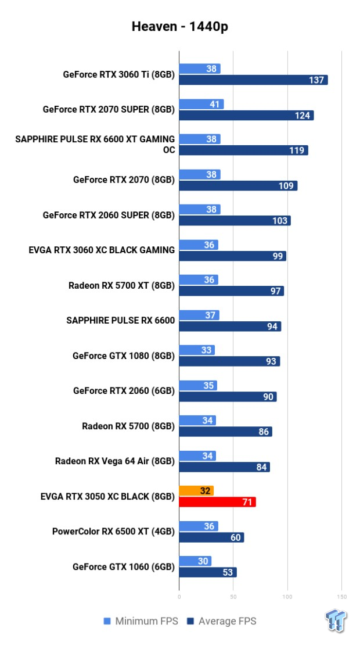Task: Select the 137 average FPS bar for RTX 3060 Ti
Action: point(253,80)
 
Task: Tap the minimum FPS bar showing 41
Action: point(201,104)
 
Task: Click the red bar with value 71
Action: point(217,502)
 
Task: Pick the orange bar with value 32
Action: point(196,490)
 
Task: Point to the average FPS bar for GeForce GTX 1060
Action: point(208,572)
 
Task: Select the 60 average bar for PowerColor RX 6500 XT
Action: point(211,537)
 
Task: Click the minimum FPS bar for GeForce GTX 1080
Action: point(197,350)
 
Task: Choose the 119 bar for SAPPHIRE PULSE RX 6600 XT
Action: point(243,150)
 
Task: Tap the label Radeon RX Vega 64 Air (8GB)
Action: point(115,461)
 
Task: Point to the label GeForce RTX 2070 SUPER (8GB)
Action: point(109,109)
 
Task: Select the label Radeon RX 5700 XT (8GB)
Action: point(121,285)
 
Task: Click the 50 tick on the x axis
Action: point(233,596)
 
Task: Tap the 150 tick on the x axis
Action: point(341,596)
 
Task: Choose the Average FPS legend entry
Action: point(221,621)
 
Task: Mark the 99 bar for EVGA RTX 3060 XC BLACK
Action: point(232,256)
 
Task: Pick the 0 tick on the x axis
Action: point(179,596)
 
